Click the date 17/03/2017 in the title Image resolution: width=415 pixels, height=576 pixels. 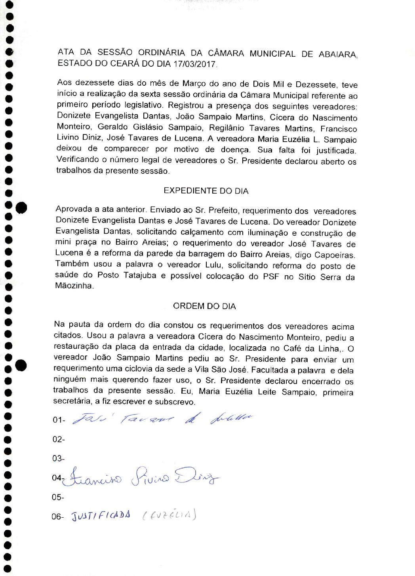click(x=195, y=64)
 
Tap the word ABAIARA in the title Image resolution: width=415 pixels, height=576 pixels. click(x=337, y=54)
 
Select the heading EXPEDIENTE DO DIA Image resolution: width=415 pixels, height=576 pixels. click(x=206, y=191)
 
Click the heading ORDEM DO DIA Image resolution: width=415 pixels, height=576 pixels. click(x=204, y=306)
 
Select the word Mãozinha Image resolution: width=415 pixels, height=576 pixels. click(x=74, y=286)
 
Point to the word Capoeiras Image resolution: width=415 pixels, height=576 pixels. click(x=335, y=255)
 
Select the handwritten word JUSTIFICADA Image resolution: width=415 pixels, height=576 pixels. click(x=101, y=516)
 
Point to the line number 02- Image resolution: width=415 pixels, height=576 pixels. click(x=58, y=439)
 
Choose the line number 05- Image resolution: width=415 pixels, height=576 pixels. click(x=58, y=497)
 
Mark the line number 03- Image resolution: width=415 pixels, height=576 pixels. click(x=58, y=459)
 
